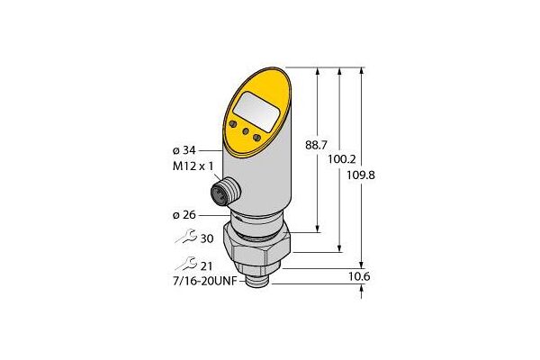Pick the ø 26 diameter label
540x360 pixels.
[x=183, y=216]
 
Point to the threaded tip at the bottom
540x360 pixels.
[x=261, y=283]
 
